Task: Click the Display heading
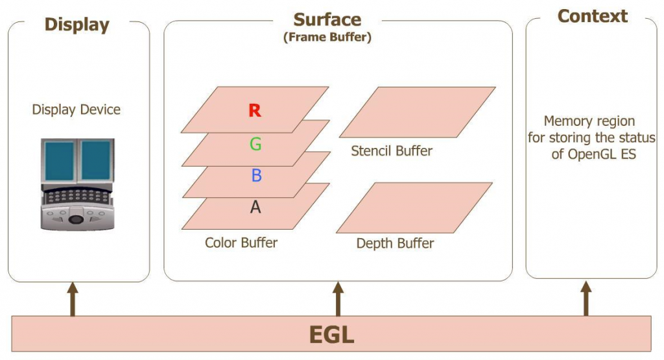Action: tap(77, 25)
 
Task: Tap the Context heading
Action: tap(592, 16)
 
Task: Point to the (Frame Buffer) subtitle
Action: tap(327, 38)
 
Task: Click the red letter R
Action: tap(255, 111)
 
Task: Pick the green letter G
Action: tap(255, 144)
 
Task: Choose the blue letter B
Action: tap(255, 175)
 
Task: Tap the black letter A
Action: tap(255, 207)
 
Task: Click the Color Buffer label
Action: tap(241, 243)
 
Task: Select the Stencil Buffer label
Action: tap(392, 152)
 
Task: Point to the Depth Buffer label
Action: tap(395, 244)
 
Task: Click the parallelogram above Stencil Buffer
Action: tap(417, 112)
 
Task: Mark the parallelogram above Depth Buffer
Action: tap(414, 208)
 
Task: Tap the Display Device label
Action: tap(77, 110)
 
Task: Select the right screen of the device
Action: tap(96, 160)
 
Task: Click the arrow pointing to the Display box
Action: tap(73, 299)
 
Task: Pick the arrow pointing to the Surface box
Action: tap(337, 299)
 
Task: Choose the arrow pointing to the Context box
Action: tap(586, 299)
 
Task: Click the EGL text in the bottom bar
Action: tap(331, 335)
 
